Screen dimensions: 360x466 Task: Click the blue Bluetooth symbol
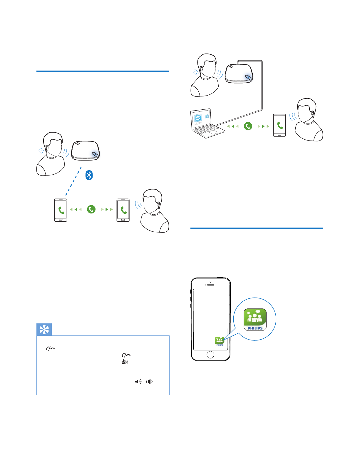89,175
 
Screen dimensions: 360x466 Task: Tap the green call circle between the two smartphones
91,209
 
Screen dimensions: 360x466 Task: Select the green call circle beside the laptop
248,126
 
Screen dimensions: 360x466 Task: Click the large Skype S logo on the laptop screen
198,118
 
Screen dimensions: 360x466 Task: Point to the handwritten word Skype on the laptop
198,123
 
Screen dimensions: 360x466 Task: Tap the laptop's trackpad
213,132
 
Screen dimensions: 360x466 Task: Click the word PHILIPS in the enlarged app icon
255,328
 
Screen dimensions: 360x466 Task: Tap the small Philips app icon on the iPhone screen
220,341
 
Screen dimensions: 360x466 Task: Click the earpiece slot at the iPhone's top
210,285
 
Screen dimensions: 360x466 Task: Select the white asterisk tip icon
44,330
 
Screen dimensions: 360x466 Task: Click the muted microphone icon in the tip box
125,362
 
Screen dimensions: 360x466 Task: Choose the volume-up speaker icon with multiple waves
138,382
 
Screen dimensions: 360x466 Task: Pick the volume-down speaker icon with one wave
149,382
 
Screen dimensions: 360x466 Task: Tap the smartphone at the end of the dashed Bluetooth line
61,210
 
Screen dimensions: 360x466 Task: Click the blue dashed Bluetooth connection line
73,181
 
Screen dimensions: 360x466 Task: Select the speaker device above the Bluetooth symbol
86,151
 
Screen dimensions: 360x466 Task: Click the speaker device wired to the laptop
239,74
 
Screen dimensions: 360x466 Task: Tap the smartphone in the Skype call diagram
279,125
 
